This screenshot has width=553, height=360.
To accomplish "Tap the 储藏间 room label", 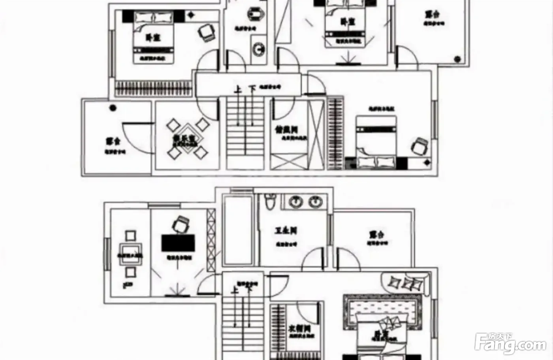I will click(x=286, y=129).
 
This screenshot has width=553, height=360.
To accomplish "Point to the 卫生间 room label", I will click(x=286, y=230).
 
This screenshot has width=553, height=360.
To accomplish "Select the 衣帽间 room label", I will click(x=299, y=328).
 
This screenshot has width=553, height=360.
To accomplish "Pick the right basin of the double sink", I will click(x=315, y=202).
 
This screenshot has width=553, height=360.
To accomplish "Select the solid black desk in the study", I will click(x=178, y=243).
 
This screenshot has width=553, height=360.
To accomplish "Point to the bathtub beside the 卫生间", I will click(x=237, y=230).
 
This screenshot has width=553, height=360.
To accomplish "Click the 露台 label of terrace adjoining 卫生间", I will click(x=376, y=234).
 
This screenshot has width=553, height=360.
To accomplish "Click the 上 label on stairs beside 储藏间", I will click(x=238, y=90).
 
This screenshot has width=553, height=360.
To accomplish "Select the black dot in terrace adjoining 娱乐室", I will click(x=113, y=107).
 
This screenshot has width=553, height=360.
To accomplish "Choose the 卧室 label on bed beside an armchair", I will click(x=153, y=38).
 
